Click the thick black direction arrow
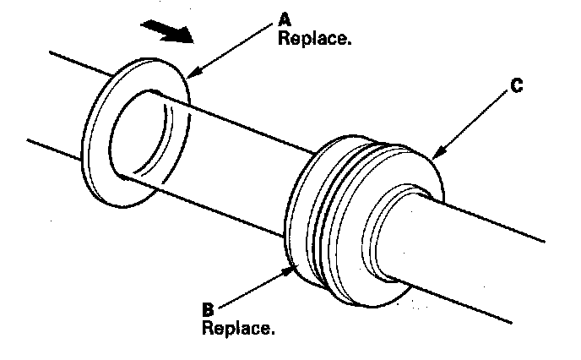point(166,31)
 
